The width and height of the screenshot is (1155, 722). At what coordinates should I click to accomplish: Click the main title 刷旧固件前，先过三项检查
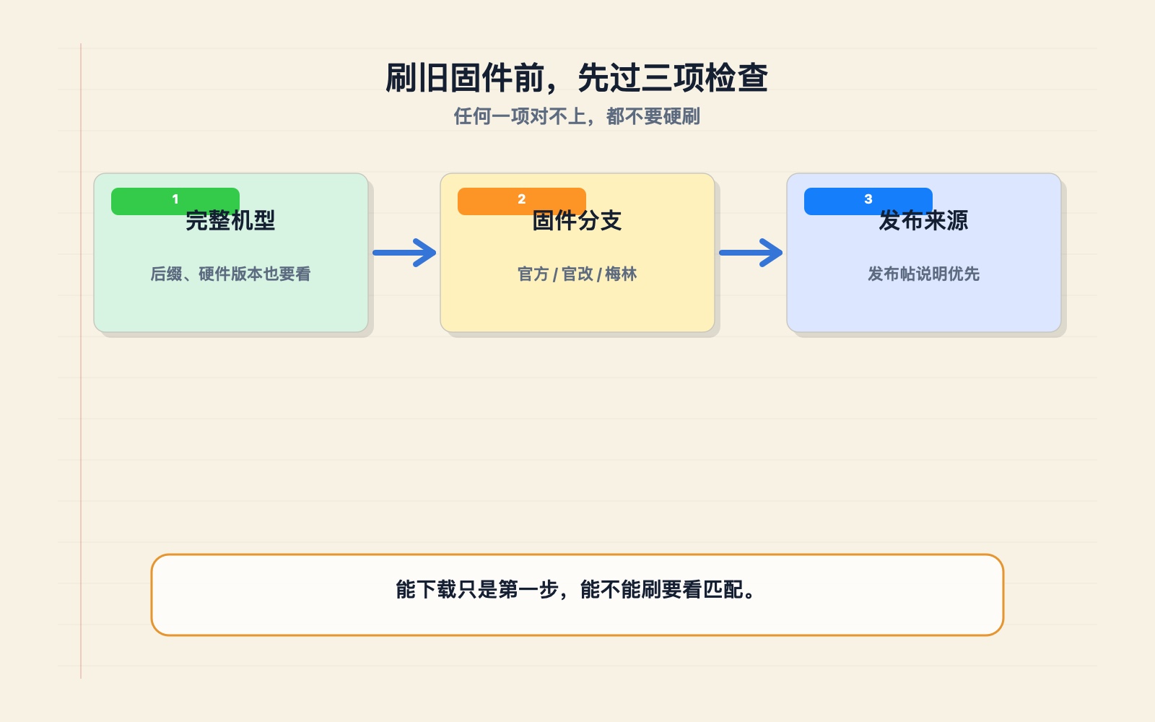pos(577,78)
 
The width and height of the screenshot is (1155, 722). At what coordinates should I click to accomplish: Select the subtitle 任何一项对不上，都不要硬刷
pos(577,116)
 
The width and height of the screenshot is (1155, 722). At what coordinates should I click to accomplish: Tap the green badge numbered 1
pos(175,201)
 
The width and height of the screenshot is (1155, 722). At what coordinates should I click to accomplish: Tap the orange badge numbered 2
pos(522,201)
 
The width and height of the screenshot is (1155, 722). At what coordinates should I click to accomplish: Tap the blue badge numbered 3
pos(868,201)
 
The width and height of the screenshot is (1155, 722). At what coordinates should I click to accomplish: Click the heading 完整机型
pos(230,221)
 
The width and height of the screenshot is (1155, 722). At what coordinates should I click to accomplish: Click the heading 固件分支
pos(577,221)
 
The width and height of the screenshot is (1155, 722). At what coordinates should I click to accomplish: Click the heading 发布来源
pos(923,221)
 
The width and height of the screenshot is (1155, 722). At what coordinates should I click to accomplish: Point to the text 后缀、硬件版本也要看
pos(230,274)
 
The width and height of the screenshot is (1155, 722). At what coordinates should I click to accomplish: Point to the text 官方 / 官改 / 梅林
pos(577,274)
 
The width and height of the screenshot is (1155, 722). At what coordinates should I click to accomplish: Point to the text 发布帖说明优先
pos(923,274)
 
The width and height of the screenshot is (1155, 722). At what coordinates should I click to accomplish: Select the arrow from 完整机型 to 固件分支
pos(405,253)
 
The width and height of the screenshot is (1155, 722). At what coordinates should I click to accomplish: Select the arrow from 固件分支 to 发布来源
pos(751,253)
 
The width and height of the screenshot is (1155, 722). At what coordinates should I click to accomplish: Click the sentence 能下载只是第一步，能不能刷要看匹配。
pos(577,589)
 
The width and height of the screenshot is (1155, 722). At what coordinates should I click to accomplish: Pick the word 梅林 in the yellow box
pos(621,274)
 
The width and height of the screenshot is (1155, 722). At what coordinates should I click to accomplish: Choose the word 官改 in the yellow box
pos(577,274)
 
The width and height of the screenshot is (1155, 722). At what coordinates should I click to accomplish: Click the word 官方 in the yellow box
pos(533,274)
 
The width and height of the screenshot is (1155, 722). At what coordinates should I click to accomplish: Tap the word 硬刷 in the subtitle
pos(681,116)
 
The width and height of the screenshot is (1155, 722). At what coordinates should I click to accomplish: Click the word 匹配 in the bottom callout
pos(723,589)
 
